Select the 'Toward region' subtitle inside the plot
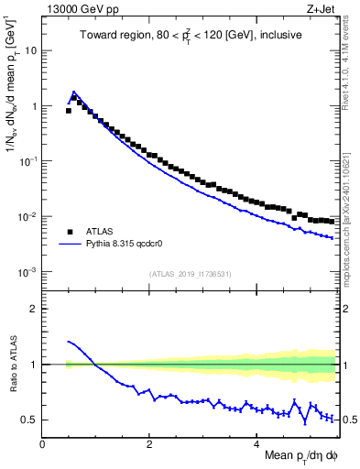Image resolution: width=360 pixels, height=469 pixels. (x=190, y=36)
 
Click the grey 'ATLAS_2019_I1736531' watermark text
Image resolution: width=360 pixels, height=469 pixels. (x=189, y=274)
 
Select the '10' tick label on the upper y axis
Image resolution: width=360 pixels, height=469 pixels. (x=30, y=51)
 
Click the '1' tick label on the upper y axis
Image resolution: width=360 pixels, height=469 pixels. (x=33, y=106)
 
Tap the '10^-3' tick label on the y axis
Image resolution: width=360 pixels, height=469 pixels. (x=27, y=272)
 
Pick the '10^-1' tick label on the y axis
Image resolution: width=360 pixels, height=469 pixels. (x=27, y=161)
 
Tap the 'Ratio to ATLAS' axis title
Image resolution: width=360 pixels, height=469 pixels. (x=11, y=364)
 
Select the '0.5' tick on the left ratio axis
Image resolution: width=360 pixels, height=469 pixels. (x=29, y=420)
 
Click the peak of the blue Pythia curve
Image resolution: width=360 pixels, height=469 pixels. (x=73, y=93)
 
